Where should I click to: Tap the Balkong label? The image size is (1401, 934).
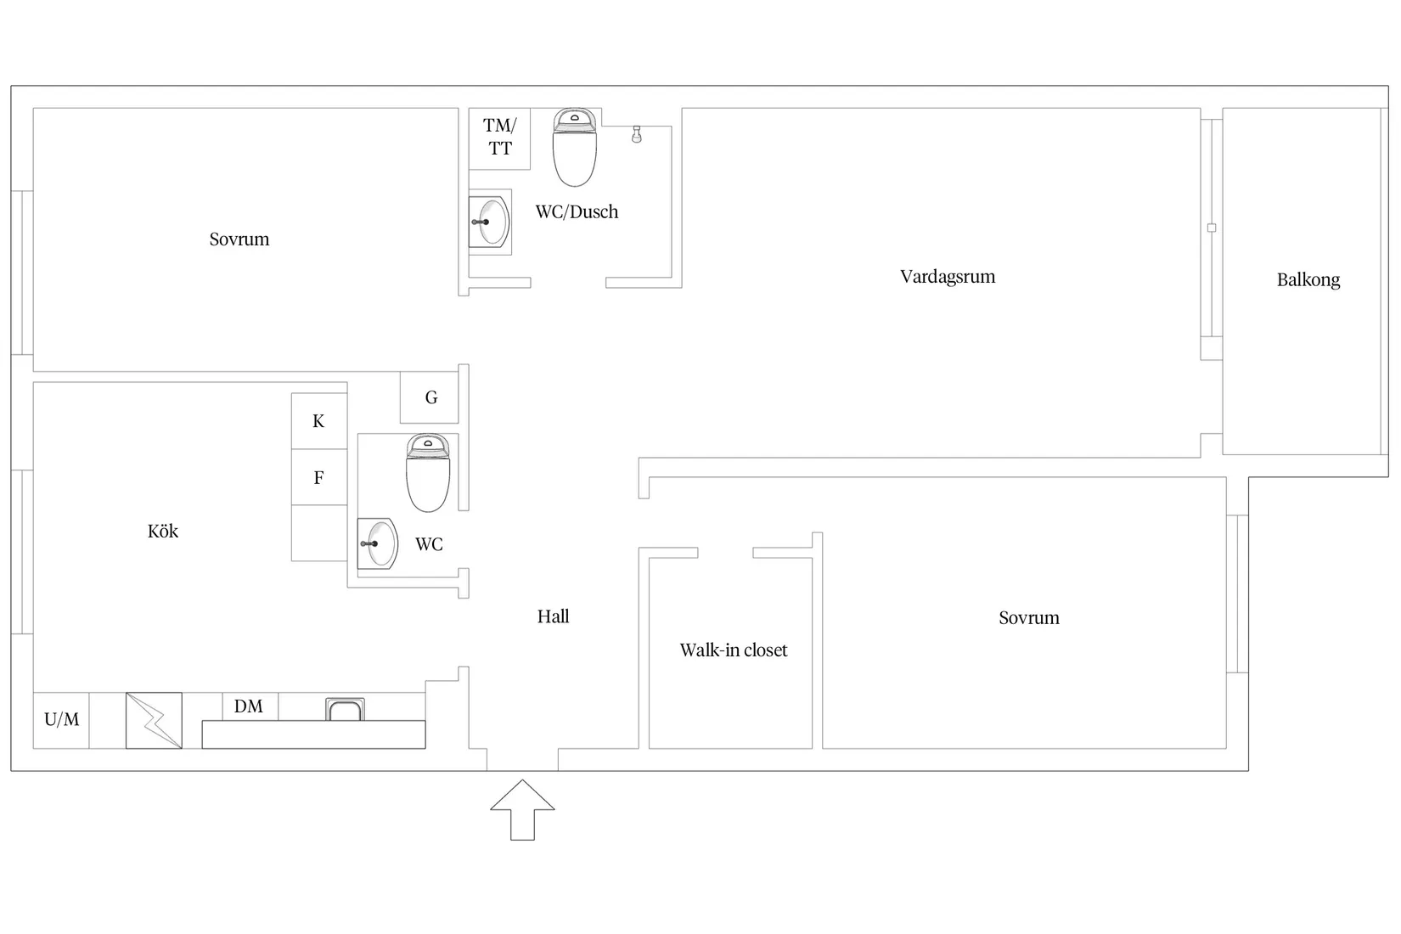tap(1308, 280)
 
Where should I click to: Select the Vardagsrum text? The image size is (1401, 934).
tap(947, 277)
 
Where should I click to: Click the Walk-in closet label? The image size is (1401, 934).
tap(733, 650)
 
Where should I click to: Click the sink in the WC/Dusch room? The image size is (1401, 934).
tap(491, 222)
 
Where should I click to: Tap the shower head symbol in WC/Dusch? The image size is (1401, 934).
tap(637, 133)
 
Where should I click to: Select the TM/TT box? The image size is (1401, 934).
tap(500, 138)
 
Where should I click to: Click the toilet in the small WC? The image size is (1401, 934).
tap(428, 474)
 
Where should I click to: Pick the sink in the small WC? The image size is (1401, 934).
tap(379, 543)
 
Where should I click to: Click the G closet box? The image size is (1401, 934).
tap(430, 397)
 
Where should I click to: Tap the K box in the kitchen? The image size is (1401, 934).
tap(318, 421)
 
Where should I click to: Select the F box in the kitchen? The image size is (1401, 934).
tap(318, 478)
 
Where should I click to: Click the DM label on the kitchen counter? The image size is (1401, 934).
tap(249, 706)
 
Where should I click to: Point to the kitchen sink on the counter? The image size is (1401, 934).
tap(346, 709)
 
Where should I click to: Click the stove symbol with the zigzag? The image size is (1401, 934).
tap(154, 721)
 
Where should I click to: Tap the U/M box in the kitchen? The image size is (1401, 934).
tap(61, 720)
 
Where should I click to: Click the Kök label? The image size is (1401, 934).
tap(163, 532)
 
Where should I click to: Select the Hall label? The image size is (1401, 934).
tap(553, 617)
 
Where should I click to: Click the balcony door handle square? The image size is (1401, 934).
tap(1212, 228)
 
